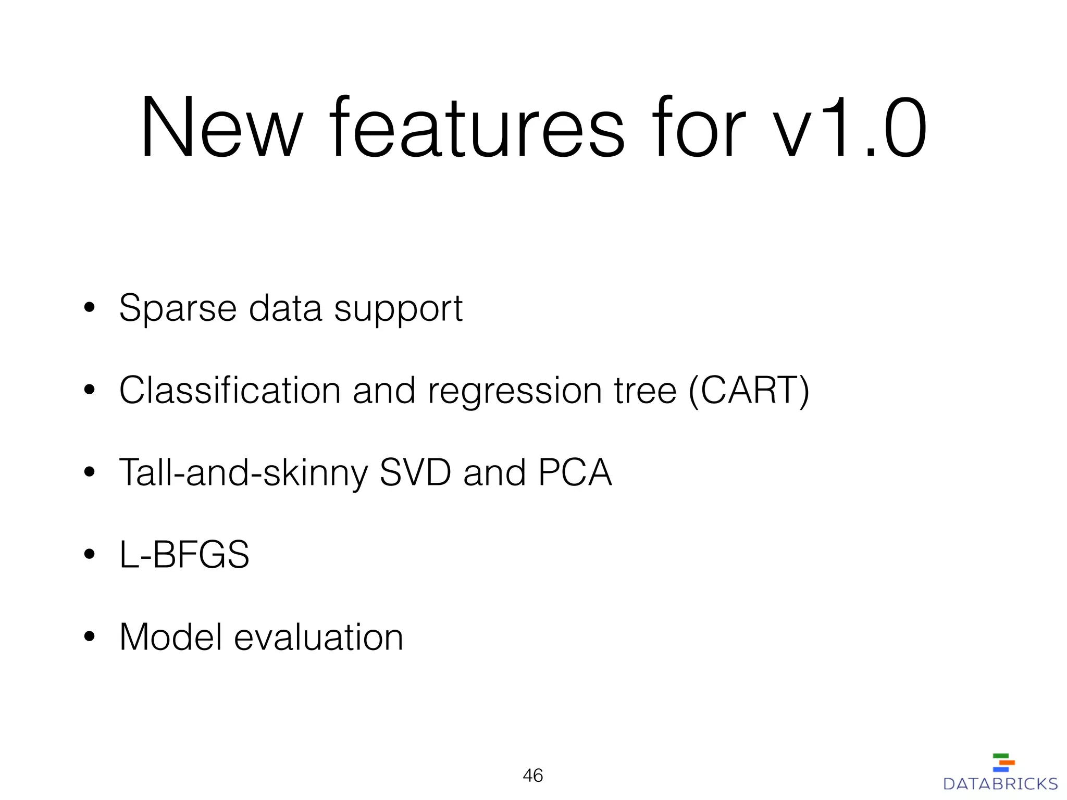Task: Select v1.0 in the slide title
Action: [x=849, y=128]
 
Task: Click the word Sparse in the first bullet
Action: [x=178, y=309]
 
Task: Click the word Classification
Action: [x=230, y=390]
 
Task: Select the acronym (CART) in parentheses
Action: [x=749, y=390]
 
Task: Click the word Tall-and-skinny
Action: [x=243, y=473]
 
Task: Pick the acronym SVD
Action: [x=415, y=472]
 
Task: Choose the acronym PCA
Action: [x=575, y=472]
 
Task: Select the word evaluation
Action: [x=318, y=637]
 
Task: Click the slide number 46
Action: [x=533, y=776]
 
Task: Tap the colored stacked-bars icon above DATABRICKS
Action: [x=1003, y=762]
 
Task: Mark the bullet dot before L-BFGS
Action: [x=90, y=555]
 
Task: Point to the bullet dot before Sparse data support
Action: [x=90, y=308]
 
